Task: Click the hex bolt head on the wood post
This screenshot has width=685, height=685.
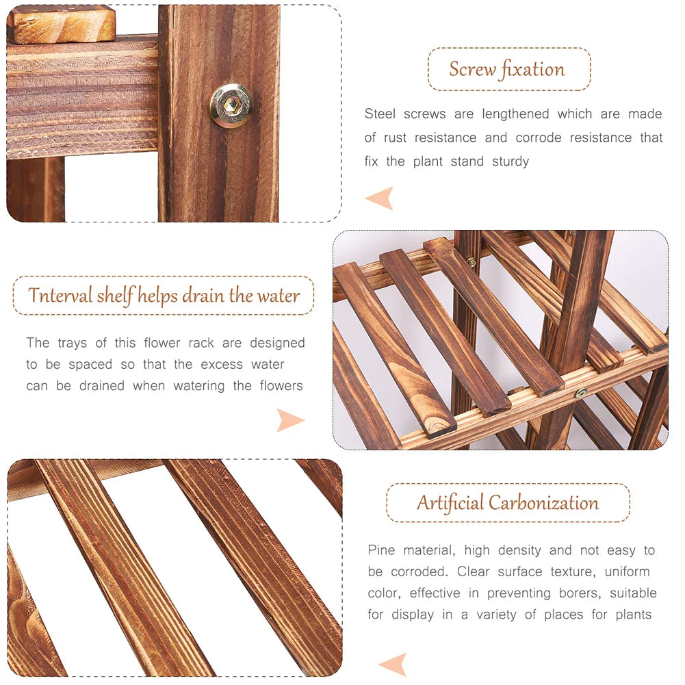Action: [x=231, y=105]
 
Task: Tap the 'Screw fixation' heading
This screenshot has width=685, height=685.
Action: [x=507, y=69]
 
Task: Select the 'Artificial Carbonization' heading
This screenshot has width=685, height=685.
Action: [x=507, y=503]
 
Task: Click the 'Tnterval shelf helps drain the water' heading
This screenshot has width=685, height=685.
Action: [x=164, y=296]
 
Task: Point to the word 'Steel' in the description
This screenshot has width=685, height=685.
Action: [x=380, y=114]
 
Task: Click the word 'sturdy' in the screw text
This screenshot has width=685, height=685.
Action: [x=510, y=161]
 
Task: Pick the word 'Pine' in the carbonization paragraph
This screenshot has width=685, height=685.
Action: [x=382, y=550]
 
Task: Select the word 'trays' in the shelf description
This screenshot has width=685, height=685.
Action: [x=72, y=343]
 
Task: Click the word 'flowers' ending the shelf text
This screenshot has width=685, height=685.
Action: [x=281, y=386]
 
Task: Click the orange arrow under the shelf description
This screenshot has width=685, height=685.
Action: [x=290, y=419]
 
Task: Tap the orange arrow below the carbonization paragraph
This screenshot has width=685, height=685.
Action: [x=393, y=663]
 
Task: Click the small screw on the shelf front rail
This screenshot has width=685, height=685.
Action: [x=581, y=393]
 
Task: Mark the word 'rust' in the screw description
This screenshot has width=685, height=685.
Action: [x=395, y=138]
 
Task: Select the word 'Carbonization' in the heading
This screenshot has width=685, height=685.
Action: [x=543, y=503]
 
